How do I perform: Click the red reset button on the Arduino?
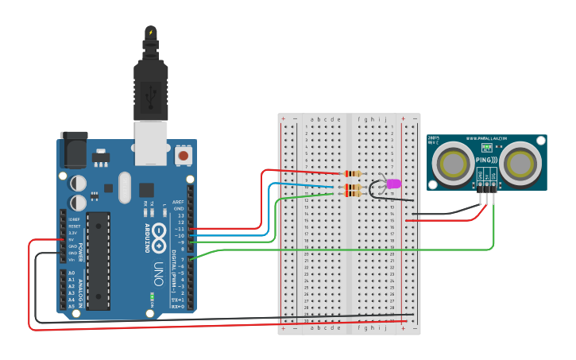(x=184, y=156)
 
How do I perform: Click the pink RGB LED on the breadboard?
(x=393, y=184)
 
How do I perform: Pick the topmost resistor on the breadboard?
(x=352, y=174)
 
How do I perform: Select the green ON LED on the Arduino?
(x=151, y=298)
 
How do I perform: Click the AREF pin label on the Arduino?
(x=179, y=202)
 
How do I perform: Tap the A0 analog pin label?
(x=72, y=273)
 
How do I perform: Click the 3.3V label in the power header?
(x=72, y=232)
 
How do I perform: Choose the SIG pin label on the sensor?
(x=493, y=174)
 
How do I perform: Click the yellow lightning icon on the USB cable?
(x=150, y=33)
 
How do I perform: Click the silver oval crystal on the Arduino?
(x=124, y=188)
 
